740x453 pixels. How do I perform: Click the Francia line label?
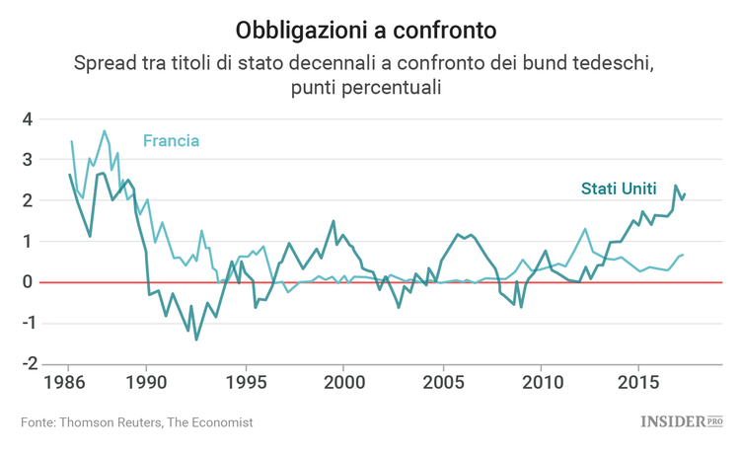171,141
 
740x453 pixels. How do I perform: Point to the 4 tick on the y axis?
29,119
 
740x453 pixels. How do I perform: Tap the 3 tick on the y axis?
29,160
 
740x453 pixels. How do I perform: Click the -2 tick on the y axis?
25,363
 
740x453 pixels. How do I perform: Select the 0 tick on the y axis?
29,282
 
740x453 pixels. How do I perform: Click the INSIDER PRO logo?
682,421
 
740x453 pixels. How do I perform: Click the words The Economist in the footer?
209,422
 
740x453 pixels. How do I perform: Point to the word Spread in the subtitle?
103,64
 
